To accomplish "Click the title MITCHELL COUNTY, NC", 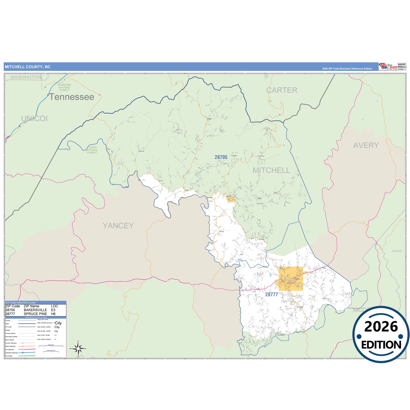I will click(28, 67).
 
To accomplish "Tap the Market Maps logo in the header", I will click(388, 67).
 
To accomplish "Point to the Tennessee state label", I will click(72, 97).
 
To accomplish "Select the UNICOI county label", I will click(34, 119).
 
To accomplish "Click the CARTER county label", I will click(282, 90).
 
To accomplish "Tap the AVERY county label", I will click(366, 146).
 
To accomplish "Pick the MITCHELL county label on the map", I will click(271, 171).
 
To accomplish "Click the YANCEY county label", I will click(118, 226).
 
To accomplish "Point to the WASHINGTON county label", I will click(26, 77).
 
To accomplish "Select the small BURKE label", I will click(397, 251).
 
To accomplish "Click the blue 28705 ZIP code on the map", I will click(221, 157).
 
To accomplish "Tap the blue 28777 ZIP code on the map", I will click(272, 295).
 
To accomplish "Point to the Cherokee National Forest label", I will click(64, 87).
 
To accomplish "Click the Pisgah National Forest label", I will click(92, 150).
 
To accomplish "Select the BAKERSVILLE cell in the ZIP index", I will click(35, 310).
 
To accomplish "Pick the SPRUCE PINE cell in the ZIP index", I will click(35, 314).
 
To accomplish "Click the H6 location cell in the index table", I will click(53, 314).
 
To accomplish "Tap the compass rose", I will click(78, 348).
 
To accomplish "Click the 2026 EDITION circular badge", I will click(381, 335).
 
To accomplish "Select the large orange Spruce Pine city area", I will click(291, 279).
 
